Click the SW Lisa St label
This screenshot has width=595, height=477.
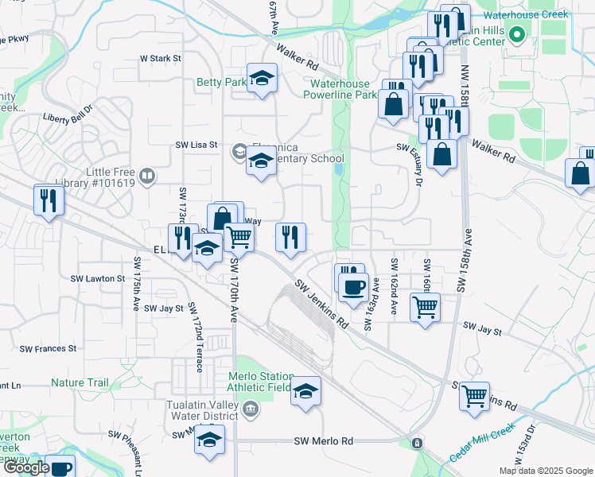[x=196, y=145]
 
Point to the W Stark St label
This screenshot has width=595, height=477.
[x=161, y=58]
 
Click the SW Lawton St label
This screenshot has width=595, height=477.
[x=98, y=279]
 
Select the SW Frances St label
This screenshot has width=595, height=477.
[x=48, y=348]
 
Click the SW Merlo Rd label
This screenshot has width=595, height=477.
[x=323, y=441]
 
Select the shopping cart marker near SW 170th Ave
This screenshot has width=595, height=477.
[x=239, y=236]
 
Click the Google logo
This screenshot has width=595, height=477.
[x=25, y=467]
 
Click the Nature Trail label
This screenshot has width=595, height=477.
[x=80, y=382]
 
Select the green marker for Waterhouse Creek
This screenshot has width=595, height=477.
[x=516, y=35]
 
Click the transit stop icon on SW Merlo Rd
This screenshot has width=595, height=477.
[x=416, y=442]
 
